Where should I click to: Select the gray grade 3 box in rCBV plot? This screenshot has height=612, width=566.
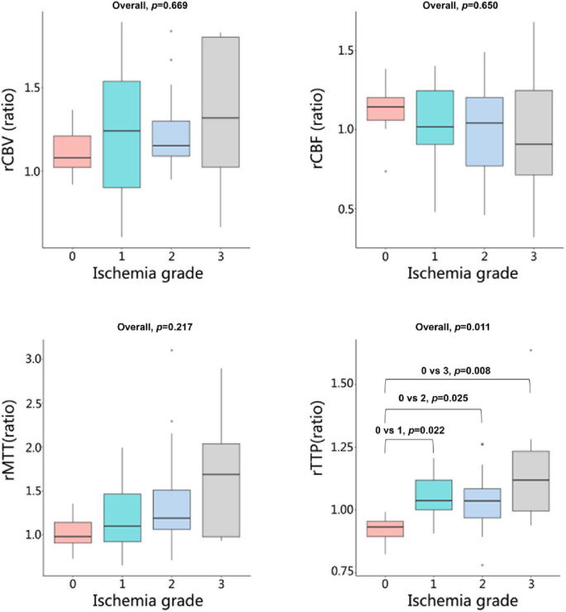point(220,102)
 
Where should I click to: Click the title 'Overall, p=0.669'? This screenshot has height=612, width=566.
point(147,7)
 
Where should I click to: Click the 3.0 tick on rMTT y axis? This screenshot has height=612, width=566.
point(30,359)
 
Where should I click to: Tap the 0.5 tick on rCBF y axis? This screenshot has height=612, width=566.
point(340,210)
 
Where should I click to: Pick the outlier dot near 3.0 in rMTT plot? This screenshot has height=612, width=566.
point(171,350)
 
